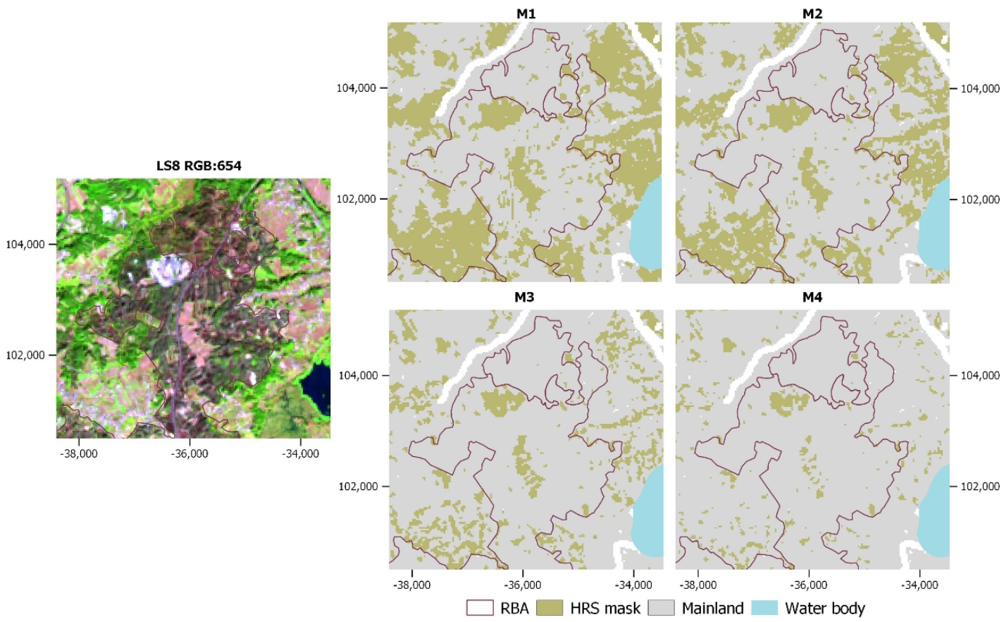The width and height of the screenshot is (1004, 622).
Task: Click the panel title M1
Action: point(526,13)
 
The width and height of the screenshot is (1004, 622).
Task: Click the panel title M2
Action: point(812,13)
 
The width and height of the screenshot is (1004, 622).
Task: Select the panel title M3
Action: point(524,297)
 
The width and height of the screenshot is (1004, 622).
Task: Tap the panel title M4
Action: point(812,297)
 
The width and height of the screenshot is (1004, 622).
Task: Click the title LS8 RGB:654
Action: point(199,166)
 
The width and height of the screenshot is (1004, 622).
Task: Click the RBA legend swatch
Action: point(479,608)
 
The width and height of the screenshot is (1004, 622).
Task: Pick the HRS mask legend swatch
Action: point(549,608)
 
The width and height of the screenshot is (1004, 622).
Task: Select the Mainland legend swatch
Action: point(660,608)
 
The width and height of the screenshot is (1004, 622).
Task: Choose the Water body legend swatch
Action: point(764,608)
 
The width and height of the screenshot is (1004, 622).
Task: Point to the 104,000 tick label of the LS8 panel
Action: point(25,245)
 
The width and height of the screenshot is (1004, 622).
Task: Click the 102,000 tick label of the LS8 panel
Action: point(25,355)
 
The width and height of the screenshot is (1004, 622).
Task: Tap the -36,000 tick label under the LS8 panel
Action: point(190,453)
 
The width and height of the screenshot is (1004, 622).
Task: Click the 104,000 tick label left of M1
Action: point(356,88)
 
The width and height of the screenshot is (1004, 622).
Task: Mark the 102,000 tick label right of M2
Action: point(980,200)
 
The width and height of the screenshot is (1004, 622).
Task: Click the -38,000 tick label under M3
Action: point(411,585)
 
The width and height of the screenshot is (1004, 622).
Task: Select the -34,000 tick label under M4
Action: point(919,585)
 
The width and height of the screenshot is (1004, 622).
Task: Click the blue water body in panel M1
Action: point(647,226)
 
